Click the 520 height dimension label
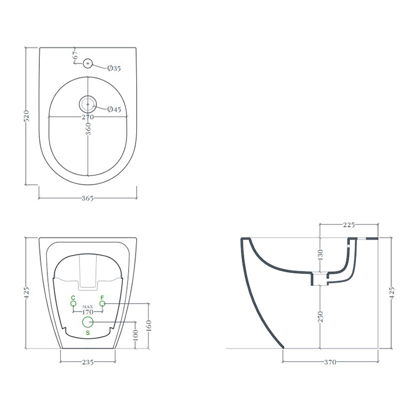[27, 116]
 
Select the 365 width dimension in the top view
[88, 198]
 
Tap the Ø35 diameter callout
[114, 68]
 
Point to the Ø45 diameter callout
[114, 109]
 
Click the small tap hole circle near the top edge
[88, 63]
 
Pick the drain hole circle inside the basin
[88, 104]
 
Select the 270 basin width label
[88, 117]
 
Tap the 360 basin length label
[88, 129]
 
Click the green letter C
[73, 298]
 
